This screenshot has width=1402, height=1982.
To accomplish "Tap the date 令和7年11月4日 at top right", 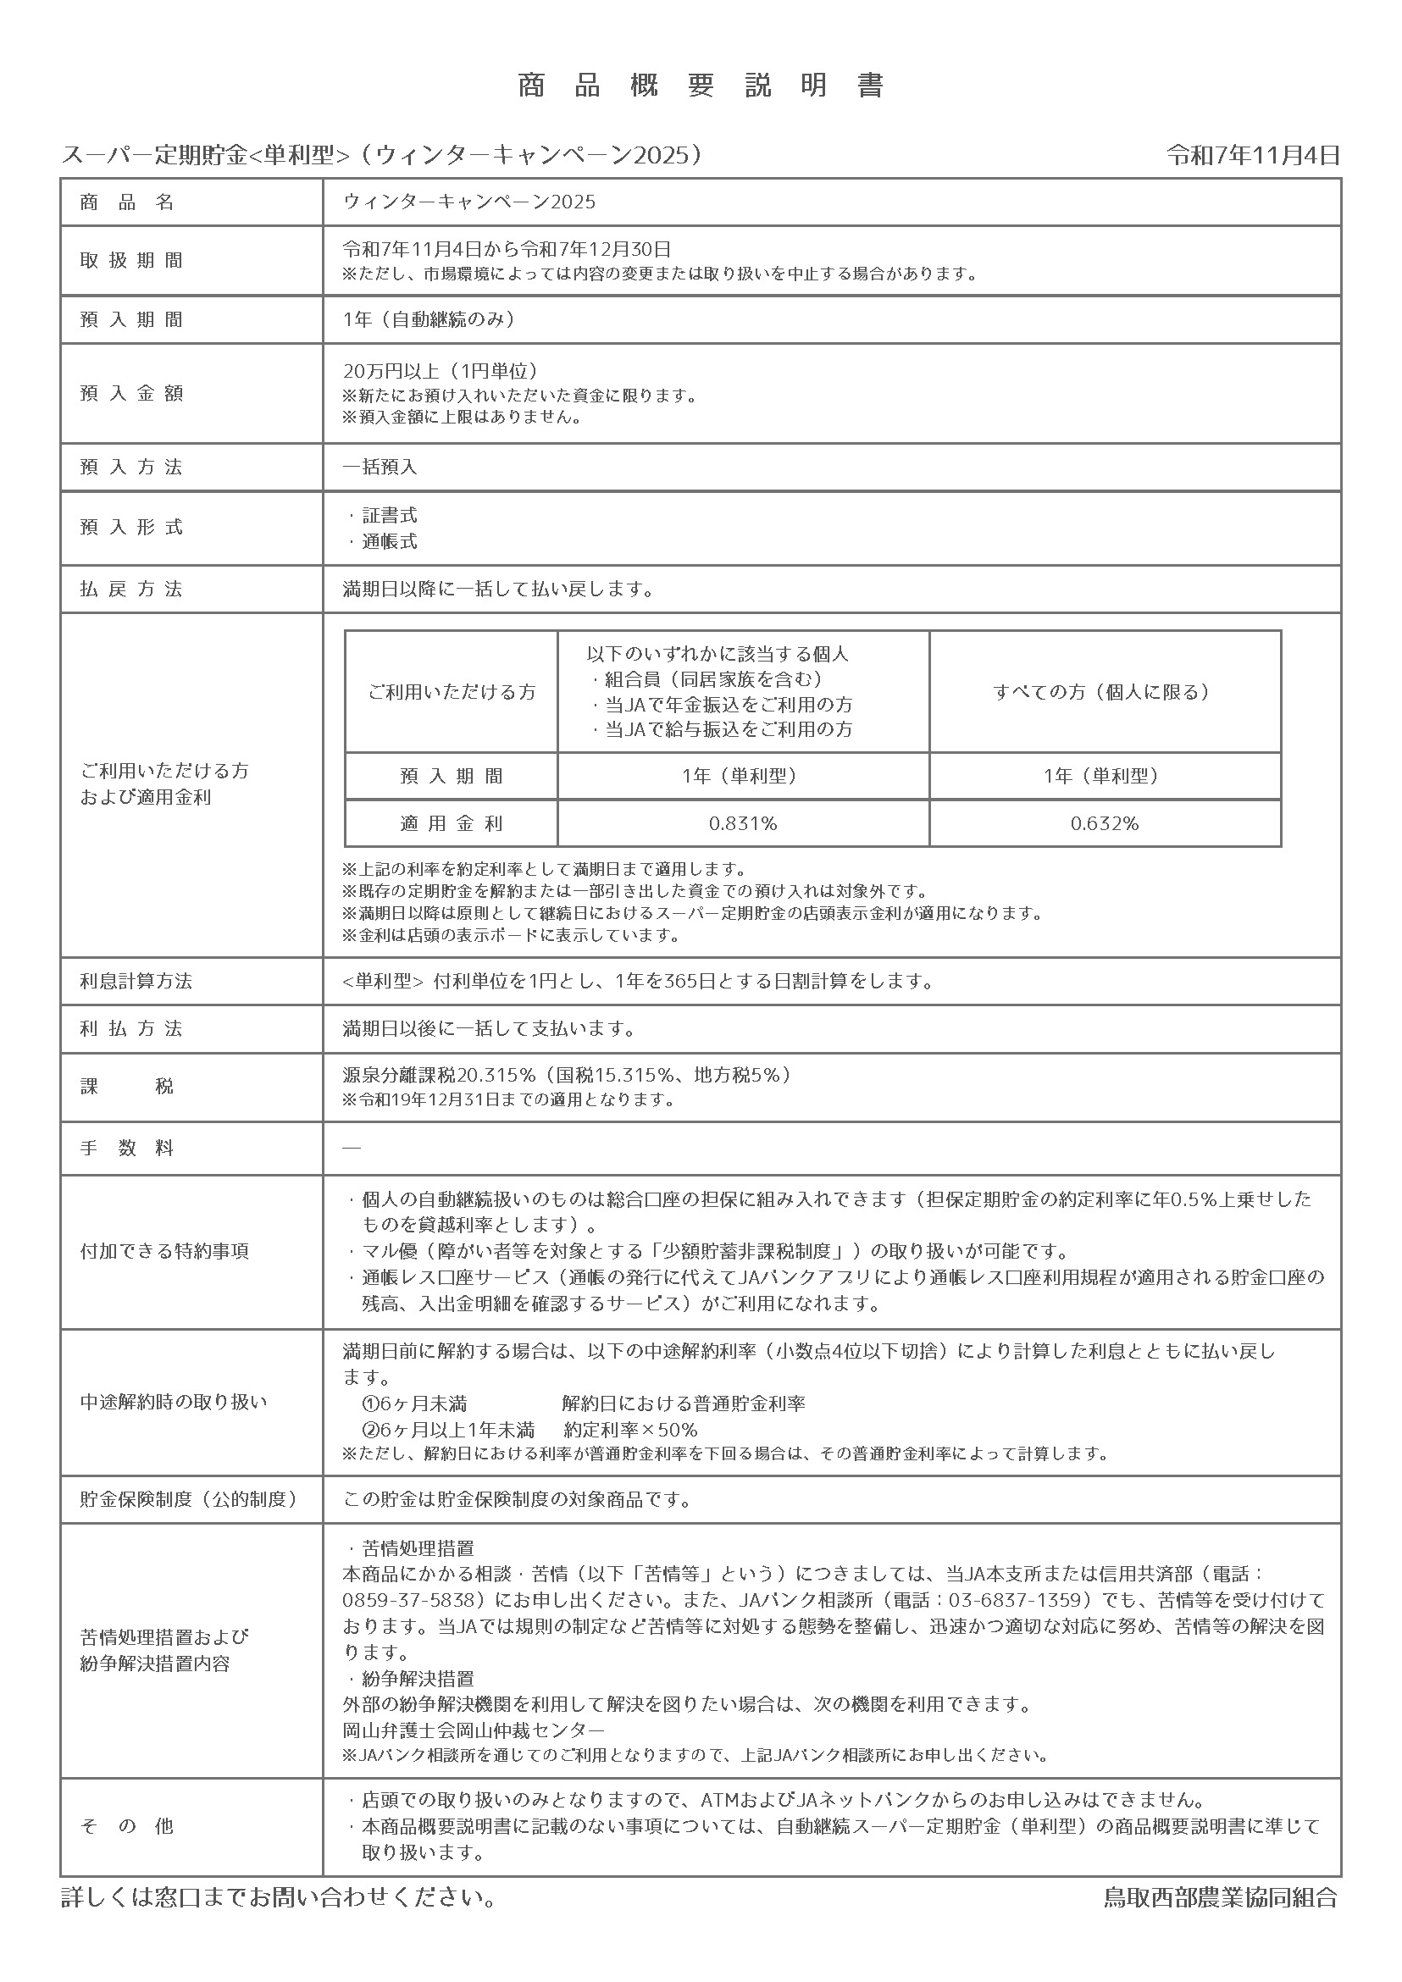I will (1253, 155).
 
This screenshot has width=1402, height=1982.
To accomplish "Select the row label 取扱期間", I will (131, 261).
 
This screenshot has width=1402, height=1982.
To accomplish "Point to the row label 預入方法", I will (131, 467).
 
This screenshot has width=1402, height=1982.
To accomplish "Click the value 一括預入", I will (380, 467).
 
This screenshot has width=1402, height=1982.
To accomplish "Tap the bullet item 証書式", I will (390, 515).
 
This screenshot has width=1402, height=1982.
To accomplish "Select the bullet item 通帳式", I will (390, 541).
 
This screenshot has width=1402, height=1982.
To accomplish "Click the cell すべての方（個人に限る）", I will (1104, 692).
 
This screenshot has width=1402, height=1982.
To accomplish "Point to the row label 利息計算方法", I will (136, 982).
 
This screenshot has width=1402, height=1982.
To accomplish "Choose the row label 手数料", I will (128, 1148).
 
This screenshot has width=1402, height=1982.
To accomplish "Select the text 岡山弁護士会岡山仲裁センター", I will (474, 1730).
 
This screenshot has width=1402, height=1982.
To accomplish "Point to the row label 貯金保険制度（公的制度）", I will (189, 1499).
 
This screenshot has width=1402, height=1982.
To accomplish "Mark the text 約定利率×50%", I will (630, 1430).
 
